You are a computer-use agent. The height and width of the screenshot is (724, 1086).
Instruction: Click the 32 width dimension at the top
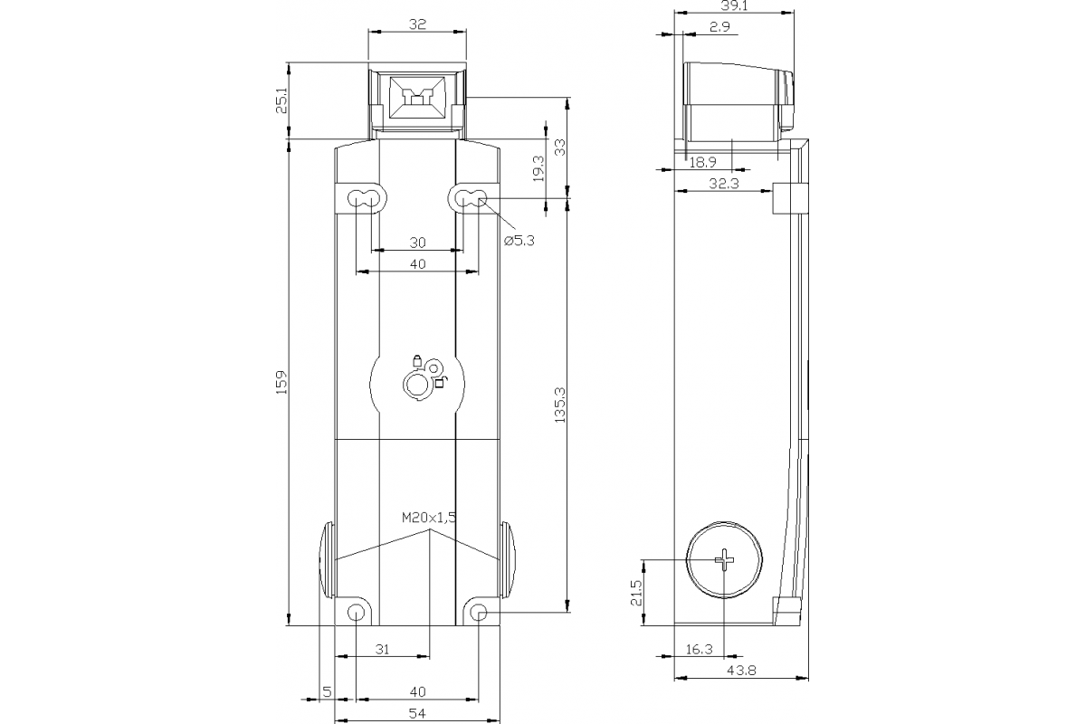417,24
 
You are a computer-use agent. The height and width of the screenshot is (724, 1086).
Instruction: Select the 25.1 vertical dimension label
281,100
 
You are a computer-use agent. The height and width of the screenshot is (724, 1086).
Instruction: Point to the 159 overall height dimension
281,382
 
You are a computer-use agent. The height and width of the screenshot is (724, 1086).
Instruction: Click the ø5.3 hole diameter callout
519,240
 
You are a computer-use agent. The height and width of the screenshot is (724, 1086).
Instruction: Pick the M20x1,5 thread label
429,518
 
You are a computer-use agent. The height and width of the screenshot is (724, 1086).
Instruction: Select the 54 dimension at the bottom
417,714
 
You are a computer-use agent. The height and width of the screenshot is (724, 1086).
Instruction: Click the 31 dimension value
382,649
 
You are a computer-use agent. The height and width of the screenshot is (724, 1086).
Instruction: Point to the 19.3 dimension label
538,169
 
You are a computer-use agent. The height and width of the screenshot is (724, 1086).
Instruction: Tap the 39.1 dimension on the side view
734,5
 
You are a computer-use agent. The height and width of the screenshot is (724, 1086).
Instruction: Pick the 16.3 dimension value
700,649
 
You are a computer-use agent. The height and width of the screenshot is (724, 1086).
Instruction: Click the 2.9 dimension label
720,28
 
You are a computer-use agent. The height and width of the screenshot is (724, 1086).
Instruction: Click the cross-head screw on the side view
725,561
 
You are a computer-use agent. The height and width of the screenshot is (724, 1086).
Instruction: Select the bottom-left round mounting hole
357,614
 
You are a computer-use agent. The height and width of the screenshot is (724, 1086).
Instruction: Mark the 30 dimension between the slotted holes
417,243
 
